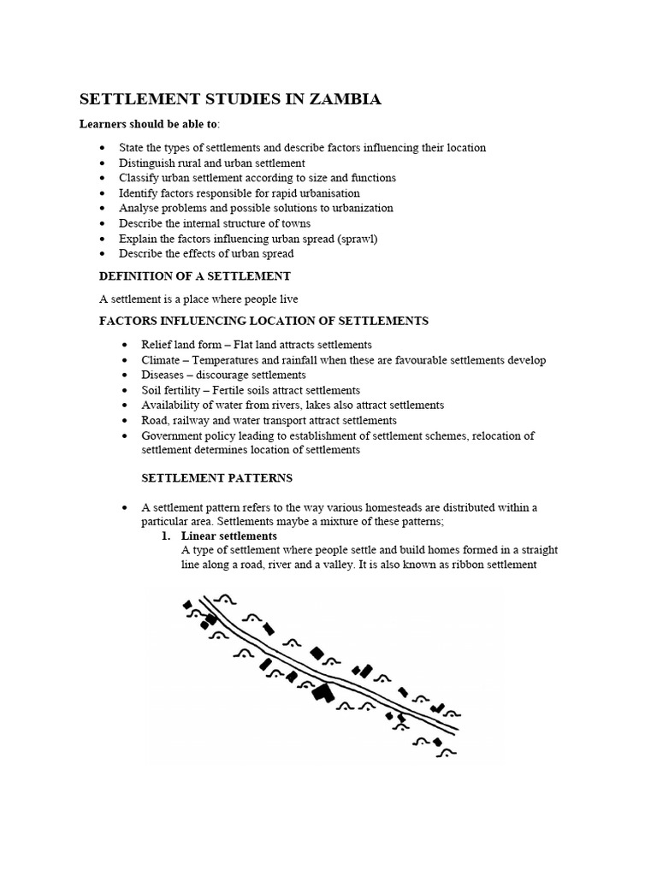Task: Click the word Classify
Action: [139, 178]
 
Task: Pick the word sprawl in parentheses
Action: [356, 238]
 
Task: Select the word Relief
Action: [157, 345]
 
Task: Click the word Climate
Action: [161, 360]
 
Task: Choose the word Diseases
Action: [163, 375]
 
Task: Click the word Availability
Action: [171, 405]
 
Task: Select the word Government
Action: [171, 435]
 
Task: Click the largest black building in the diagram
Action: [323, 691]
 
